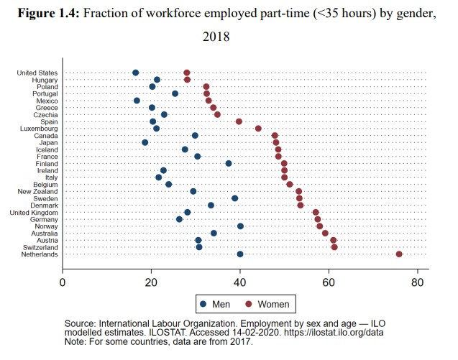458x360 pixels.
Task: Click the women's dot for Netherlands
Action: (399, 254)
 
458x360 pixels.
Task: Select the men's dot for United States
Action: (136, 73)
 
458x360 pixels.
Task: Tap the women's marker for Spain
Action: (239, 121)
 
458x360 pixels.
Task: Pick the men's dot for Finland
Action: (229, 163)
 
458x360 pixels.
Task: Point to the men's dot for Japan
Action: (145, 142)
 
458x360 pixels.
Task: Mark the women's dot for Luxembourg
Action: (258, 129)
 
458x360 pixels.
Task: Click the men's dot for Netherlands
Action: (240, 254)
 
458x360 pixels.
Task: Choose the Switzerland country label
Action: (40, 247)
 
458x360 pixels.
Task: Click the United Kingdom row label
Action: (35, 212)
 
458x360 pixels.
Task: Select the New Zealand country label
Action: (38, 191)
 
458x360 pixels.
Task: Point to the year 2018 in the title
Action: (217, 36)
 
